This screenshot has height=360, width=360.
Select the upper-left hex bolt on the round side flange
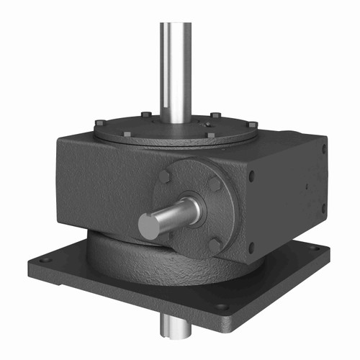(166, 177)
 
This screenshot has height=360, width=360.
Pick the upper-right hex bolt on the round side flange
(214, 186)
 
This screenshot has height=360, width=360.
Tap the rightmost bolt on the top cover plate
(253, 125)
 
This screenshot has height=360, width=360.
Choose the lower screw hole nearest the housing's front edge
(251, 246)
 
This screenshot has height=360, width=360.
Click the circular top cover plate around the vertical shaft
(144, 130)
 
